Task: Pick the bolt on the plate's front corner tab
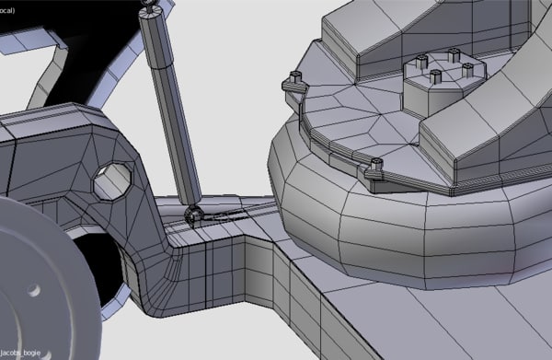[375, 167]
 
